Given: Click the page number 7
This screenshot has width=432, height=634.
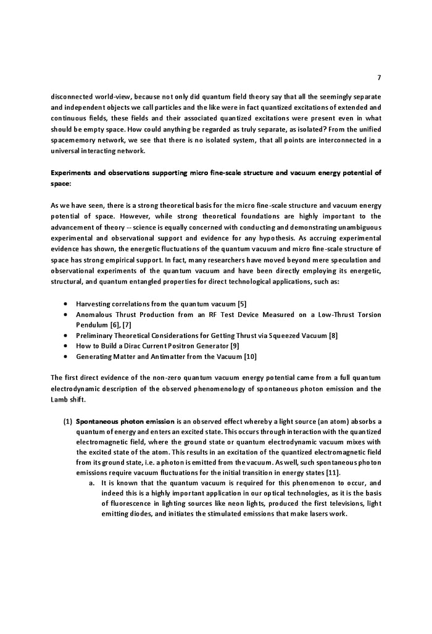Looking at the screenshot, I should pos(379,77).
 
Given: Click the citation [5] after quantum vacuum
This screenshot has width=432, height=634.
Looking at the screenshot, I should pos(243,303).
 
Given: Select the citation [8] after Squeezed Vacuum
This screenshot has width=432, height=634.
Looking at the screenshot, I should pos(333,335).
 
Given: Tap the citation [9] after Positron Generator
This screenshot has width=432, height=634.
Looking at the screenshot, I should pos(235,345).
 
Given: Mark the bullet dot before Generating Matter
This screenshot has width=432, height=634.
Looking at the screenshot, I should pos(66,356).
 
